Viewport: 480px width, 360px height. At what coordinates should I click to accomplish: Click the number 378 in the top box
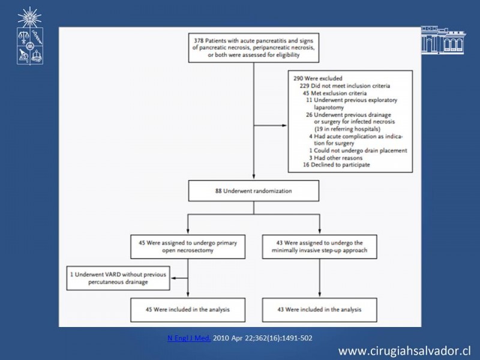(199, 41)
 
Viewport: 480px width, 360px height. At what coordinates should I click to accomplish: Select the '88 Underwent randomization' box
(253, 191)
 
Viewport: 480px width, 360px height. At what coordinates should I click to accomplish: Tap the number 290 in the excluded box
(298, 79)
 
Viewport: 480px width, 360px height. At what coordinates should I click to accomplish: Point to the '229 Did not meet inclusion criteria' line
(344, 86)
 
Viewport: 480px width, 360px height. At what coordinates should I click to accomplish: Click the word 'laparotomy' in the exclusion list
(329, 107)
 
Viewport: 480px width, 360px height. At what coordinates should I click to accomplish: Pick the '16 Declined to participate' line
(337, 164)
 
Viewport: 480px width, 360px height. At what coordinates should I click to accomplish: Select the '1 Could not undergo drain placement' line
(358, 151)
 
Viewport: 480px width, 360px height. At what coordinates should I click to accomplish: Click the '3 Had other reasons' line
(335, 158)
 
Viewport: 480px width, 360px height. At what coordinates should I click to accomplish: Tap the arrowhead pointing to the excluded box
(284, 125)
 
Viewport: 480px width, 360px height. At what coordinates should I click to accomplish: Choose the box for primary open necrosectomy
(188, 247)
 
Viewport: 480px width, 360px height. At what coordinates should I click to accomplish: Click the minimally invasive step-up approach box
(320, 247)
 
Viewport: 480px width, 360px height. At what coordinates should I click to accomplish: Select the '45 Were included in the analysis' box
(188, 310)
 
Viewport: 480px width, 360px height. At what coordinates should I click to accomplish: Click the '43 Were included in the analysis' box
(320, 310)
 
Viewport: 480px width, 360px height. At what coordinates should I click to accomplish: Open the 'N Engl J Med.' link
(189, 338)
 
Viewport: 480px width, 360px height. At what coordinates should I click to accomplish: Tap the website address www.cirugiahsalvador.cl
(404, 351)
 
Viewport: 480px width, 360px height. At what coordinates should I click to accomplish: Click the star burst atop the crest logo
(29, 17)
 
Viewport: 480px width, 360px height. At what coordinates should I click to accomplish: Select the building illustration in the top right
(443, 40)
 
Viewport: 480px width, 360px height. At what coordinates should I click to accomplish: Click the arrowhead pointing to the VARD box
(173, 278)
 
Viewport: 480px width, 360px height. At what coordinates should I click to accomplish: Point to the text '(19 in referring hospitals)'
(347, 129)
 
